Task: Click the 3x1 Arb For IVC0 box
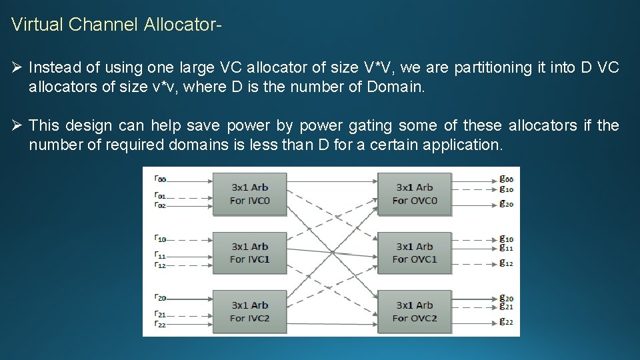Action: (249, 193)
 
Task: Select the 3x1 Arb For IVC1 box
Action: (249, 253)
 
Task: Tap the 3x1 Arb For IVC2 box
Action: (249, 311)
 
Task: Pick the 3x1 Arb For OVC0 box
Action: (414, 193)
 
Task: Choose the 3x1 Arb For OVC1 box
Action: (414, 253)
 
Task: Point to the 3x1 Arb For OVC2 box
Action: (414, 311)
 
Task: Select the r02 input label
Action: (160, 205)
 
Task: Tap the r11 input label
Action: (160, 255)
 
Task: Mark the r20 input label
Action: (160, 297)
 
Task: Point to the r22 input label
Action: (160, 325)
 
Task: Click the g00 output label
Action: (507, 179)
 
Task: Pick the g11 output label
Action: (507, 247)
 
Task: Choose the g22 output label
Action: (507, 322)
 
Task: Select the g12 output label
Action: (507, 263)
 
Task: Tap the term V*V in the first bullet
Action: (378, 67)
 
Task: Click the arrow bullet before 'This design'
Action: (17, 125)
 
